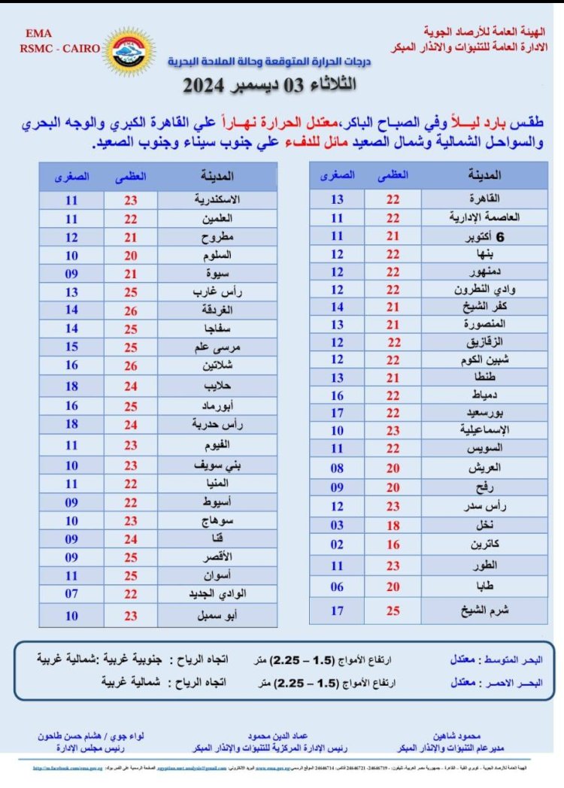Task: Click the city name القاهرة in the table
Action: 483,199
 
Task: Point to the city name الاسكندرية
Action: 217,201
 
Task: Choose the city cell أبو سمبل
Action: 217,615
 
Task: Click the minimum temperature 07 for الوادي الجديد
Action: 71,593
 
